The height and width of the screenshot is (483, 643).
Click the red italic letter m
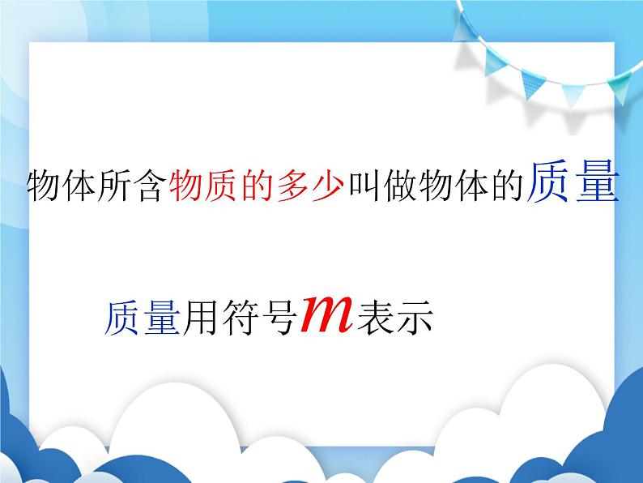[x=326, y=314]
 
